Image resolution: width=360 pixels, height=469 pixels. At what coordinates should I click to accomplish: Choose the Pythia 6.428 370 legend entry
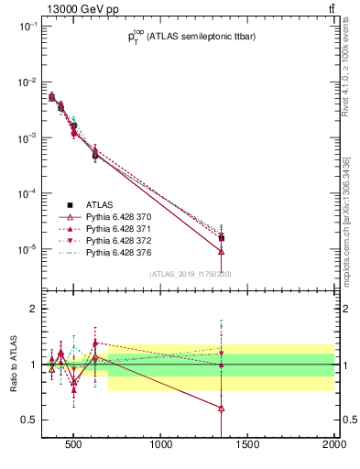coord(111,216)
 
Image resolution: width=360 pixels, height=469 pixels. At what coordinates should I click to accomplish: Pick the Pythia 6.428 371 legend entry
coord(111,228)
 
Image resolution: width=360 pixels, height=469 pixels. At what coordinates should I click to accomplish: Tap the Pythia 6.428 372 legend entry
coord(111,240)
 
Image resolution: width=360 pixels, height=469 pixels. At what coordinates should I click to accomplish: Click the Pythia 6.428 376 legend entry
coord(111,252)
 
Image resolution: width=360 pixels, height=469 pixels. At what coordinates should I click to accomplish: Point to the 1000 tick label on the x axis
coord(162,446)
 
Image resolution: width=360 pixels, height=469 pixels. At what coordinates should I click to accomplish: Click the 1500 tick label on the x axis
coord(248,446)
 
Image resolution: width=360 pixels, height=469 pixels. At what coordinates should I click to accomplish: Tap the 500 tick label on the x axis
coord(76,446)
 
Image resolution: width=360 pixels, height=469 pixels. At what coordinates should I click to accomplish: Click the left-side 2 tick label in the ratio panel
coord(32,310)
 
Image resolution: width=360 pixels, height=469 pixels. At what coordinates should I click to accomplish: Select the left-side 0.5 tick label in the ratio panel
coord(28,420)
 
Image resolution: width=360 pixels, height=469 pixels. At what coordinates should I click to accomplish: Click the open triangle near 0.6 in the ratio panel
coord(222,409)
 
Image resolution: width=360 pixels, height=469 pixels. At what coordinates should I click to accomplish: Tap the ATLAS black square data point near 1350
coord(222,238)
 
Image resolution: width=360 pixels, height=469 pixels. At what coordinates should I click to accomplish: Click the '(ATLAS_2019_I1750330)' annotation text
coord(190,274)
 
